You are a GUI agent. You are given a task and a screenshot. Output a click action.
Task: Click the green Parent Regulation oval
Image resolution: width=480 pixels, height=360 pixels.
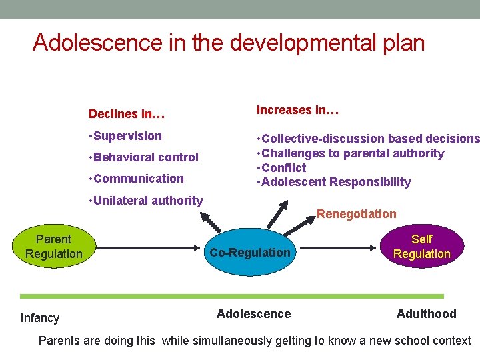[53, 246]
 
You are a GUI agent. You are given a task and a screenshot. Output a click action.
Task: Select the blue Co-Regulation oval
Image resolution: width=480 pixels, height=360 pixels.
[250, 253]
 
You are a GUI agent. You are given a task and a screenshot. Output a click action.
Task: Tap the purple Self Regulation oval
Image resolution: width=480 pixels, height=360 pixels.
[421, 246]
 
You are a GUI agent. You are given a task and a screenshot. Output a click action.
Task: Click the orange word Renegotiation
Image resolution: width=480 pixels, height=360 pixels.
[356, 214]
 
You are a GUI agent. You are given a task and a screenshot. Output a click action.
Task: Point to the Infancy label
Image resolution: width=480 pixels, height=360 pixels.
[40, 318]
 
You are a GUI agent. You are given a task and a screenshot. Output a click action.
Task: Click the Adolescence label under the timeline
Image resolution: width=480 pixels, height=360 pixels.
[253, 314]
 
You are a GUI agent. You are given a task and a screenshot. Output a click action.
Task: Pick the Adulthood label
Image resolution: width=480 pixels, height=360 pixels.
[426, 314]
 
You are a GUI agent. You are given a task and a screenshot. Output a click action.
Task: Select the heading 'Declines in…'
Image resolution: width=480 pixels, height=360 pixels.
[127, 114]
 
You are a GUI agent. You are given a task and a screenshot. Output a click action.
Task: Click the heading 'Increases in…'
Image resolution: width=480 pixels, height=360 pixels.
[298, 110]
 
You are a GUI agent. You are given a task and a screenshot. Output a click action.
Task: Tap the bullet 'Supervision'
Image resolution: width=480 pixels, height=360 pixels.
[127, 136]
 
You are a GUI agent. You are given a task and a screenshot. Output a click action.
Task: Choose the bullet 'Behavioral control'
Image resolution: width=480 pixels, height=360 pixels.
[146, 157]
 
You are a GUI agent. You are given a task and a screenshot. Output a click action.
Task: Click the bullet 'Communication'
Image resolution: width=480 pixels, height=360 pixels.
[139, 179]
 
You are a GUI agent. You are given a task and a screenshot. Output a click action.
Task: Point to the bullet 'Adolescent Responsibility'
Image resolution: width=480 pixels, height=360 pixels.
[337, 182]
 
